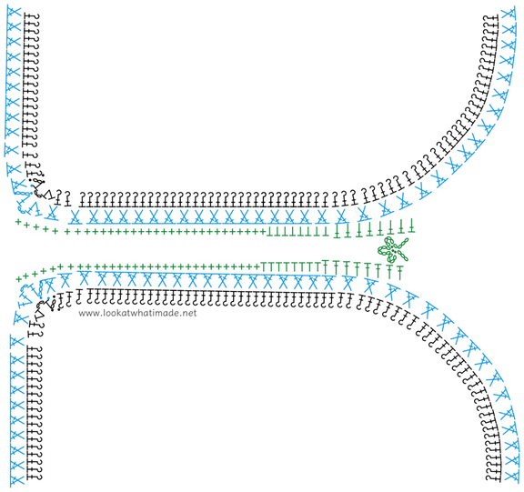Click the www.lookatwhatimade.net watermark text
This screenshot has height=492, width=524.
pyautogui.click(x=137, y=313)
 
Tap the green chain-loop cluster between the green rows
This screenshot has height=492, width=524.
pyautogui.click(x=393, y=249)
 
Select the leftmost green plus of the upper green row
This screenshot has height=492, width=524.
pyautogui.click(x=18, y=221)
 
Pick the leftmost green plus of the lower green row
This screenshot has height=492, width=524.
pyautogui.click(x=19, y=278)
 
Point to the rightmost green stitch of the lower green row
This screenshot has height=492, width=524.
pyautogui.click(x=399, y=272)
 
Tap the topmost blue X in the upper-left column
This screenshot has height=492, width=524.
pyautogui.click(x=14, y=14)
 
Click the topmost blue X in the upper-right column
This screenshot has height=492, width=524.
pyautogui.click(x=508, y=14)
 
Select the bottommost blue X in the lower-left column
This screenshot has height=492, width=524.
pyautogui.click(x=16, y=479)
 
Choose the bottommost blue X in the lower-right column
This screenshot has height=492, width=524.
pyautogui.click(x=512, y=476)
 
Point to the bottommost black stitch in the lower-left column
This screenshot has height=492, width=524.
pyautogui.click(x=35, y=477)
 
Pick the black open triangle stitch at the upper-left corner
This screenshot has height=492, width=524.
pyautogui.click(x=49, y=194)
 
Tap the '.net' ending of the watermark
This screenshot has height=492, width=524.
pyautogui.click(x=189, y=314)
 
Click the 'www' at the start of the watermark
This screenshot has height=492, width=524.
pyautogui.click(x=86, y=314)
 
